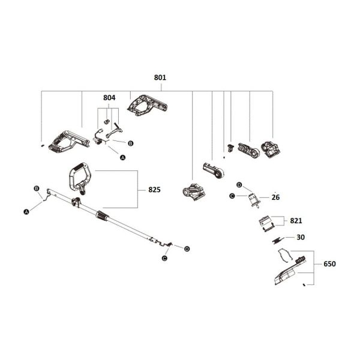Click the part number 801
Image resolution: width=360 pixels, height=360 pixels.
(x=160, y=77)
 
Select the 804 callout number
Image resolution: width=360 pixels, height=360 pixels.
(x=109, y=97)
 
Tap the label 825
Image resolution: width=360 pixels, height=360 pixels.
(x=154, y=189)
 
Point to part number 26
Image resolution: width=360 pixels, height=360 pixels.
(x=275, y=196)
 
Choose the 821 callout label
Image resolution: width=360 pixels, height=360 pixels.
(x=296, y=221)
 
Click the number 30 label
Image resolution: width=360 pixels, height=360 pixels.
(x=301, y=237)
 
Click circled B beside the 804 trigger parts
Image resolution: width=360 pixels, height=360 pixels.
(x=131, y=143)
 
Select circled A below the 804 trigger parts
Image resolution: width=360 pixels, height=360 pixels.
(x=123, y=157)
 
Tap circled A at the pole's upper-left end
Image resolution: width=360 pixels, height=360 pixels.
(x=26, y=211)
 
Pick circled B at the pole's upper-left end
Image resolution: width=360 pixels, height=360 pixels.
(x=37, y=188)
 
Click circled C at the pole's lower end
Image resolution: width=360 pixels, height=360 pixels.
(x=164, y=258)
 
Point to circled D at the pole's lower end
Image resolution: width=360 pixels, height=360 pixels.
(x=187, y=248)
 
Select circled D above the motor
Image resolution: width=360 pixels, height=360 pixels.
(x=239, y=184)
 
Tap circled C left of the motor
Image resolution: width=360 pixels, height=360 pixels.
(x=232, y=196)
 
